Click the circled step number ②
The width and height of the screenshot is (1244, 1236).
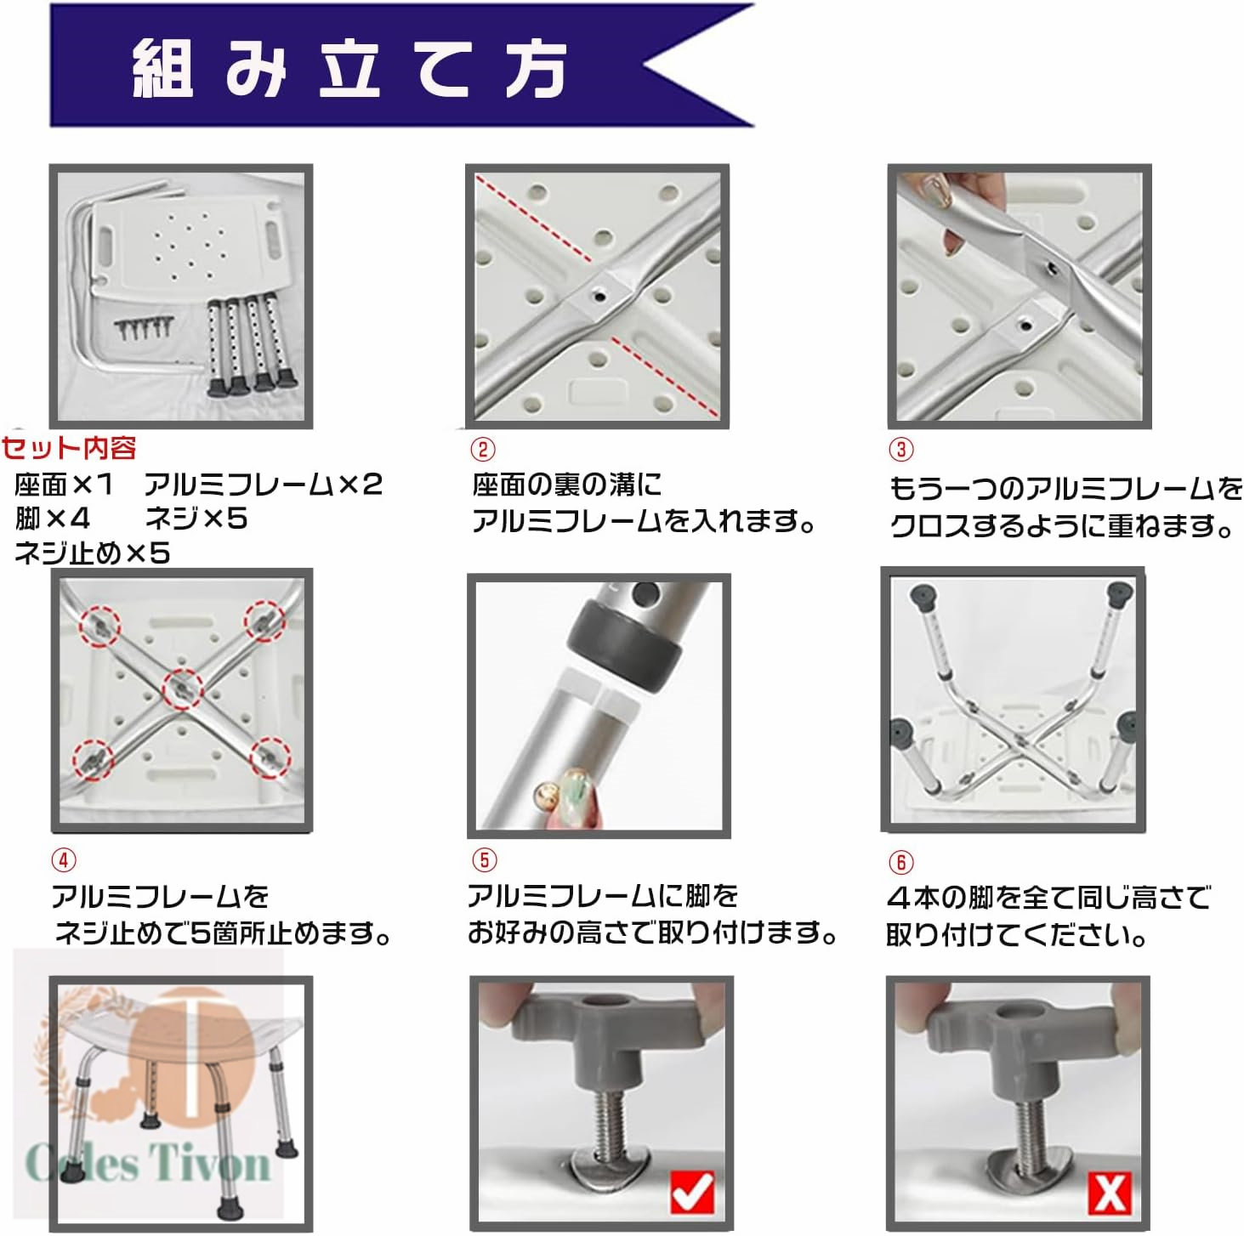483,449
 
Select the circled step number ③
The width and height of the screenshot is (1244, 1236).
901,449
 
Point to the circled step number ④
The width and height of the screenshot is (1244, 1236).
63,859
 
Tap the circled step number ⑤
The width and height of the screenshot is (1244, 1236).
484,859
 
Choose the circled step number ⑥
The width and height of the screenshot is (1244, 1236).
901,862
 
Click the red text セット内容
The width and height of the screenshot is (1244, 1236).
68,448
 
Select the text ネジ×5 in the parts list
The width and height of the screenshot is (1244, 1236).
196,518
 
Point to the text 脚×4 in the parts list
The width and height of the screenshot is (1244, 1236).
52,518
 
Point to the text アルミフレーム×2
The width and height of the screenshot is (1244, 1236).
264,484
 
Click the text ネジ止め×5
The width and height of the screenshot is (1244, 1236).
93,553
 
